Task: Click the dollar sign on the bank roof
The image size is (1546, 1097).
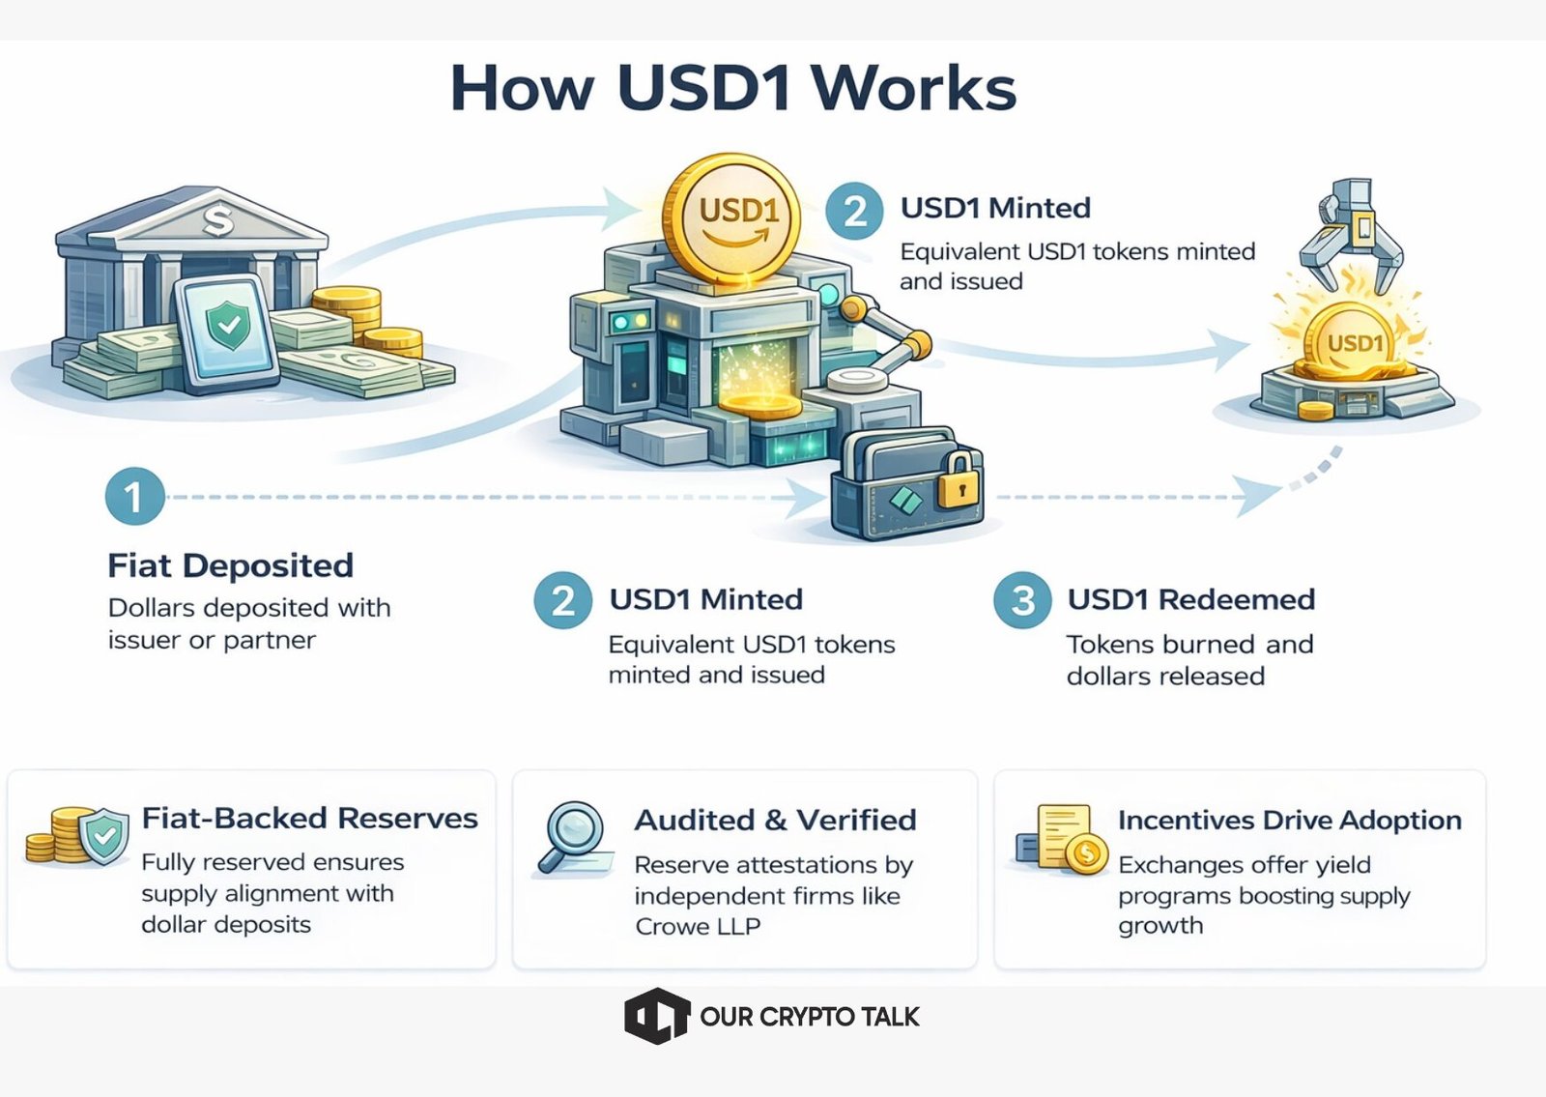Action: coord(218,220)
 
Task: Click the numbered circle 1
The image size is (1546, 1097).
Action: coord(134,497)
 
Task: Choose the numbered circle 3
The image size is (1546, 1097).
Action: coord(1022,600)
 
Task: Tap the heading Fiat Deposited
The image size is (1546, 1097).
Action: coord(231,565)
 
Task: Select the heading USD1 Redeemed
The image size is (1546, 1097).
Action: coord(1190,599)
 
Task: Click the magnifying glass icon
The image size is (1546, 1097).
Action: coord(574,834)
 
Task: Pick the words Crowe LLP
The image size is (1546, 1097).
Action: coord(698,927)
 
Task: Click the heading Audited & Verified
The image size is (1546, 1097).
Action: coord(775,820)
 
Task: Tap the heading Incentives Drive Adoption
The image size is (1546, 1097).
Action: coord(1289,820)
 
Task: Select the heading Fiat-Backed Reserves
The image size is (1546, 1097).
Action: coord(309,818)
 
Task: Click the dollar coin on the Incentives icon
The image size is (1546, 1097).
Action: coord(1088,852)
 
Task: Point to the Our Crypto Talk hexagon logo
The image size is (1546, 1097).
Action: coord(656,1016)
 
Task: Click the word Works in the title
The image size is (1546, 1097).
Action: coord(913,89)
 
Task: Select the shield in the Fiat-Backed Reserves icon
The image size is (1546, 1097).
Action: coord(104,835)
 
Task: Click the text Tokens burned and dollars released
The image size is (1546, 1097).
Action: coord(1189,659)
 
